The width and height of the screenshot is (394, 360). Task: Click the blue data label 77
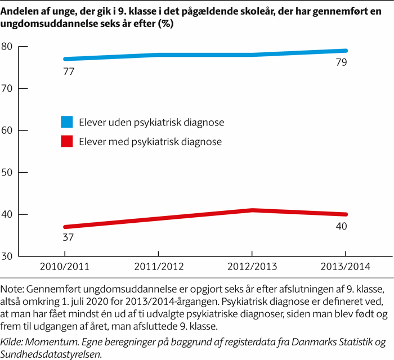[x=69, y=71]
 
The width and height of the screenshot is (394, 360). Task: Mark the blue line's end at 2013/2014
[x=345, y=51]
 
